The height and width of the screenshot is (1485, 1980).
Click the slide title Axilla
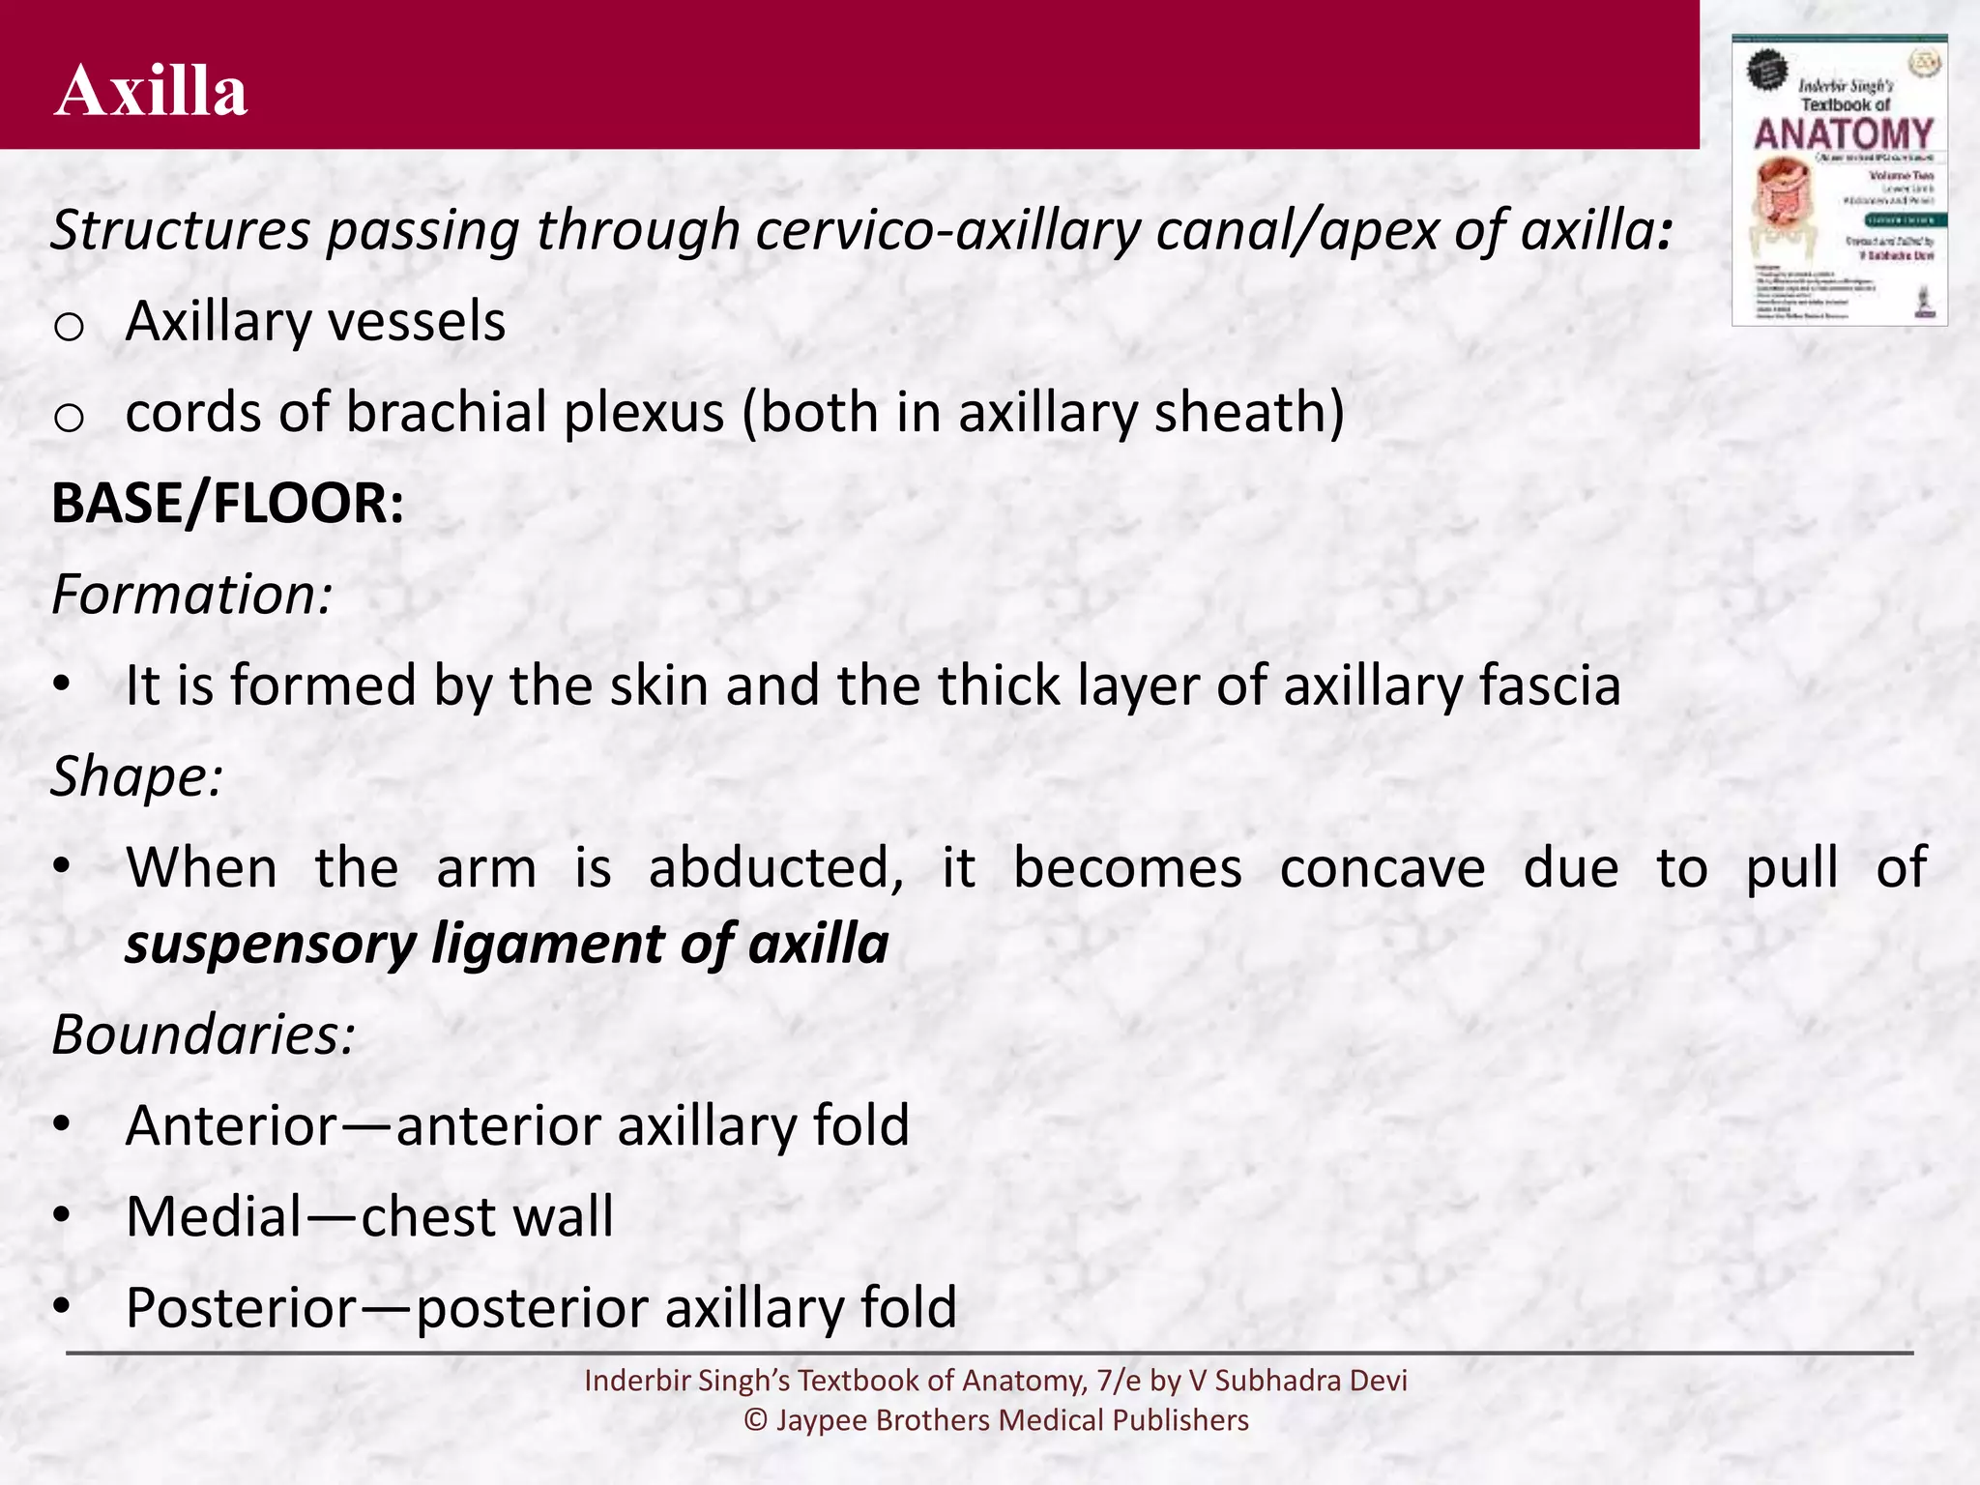(x=151, y=91)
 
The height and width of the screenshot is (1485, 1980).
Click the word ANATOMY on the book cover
(x=1843, y=134)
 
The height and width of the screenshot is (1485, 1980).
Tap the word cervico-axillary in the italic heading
(x=950, y=231)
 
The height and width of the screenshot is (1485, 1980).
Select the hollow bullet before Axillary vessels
(x=70, y=328)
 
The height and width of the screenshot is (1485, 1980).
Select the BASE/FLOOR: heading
(x=227, y=504)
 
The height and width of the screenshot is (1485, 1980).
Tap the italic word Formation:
(x=191, y=595)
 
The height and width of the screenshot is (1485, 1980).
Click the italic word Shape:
(x=136, y=776)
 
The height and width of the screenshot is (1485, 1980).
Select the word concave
(x=1382, y=868)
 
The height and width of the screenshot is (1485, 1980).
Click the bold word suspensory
(x=270, y=945)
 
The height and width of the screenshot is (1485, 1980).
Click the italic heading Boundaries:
(x=203, y=1034)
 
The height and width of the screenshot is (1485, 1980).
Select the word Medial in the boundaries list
(x=214, y=1216)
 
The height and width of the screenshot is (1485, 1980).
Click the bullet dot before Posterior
(x=62, y=1306)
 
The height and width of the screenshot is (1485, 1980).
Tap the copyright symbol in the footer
(x=755, y=1420)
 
